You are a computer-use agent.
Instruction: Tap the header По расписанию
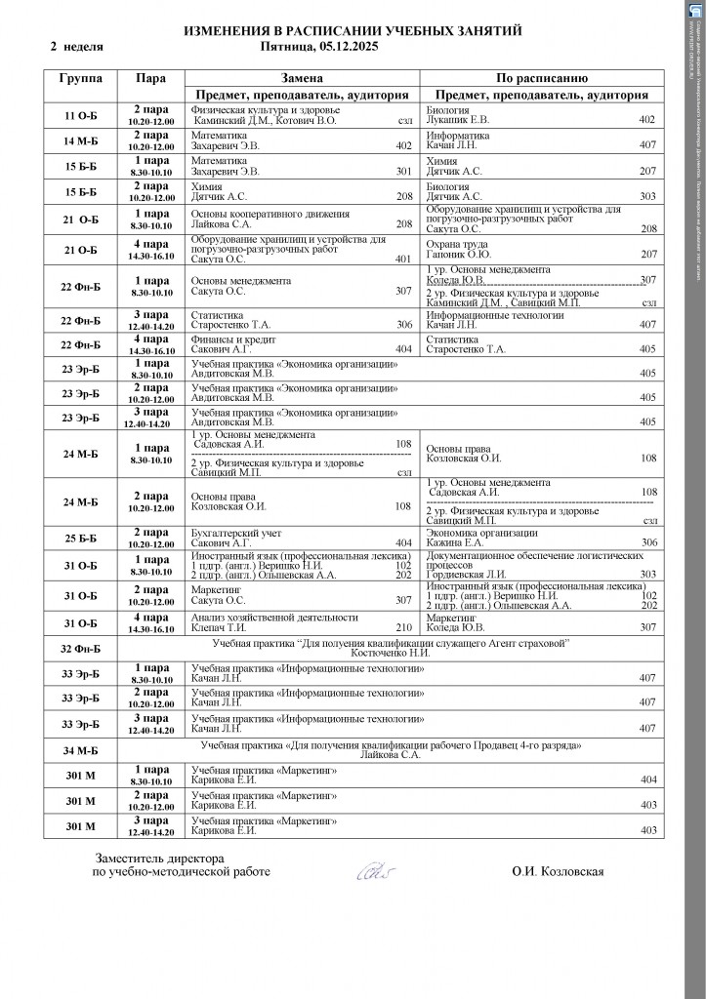(x=540, y=77)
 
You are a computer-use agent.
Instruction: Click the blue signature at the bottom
(x=373, y=869)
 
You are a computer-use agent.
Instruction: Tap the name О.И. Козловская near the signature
(x=558, y=871)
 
